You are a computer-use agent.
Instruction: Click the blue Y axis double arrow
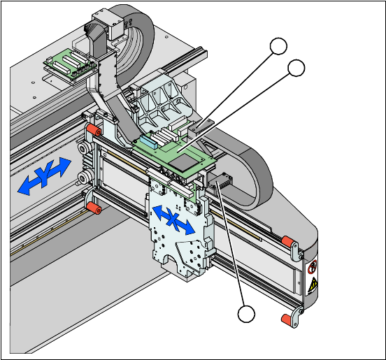pyautogui.click(x=44, y=176)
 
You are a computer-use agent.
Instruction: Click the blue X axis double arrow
pyautogui.click(x=174, y=219)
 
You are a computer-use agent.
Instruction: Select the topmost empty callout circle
pyautogui.click(x=278, y=46)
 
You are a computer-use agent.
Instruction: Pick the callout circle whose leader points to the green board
pyautogui.click(x=296, y=68)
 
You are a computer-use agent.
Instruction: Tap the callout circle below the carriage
pyautogui.click(x=246, y=314)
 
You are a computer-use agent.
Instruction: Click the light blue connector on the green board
pyautogui.click(x=149, y=142)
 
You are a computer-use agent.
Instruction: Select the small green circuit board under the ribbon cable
pyautogui.click(x=70, y=64)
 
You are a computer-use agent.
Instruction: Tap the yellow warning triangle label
pyautogui.click(x=313, y=284)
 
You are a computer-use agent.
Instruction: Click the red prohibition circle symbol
pyautogui.click(x=313, y=266)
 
